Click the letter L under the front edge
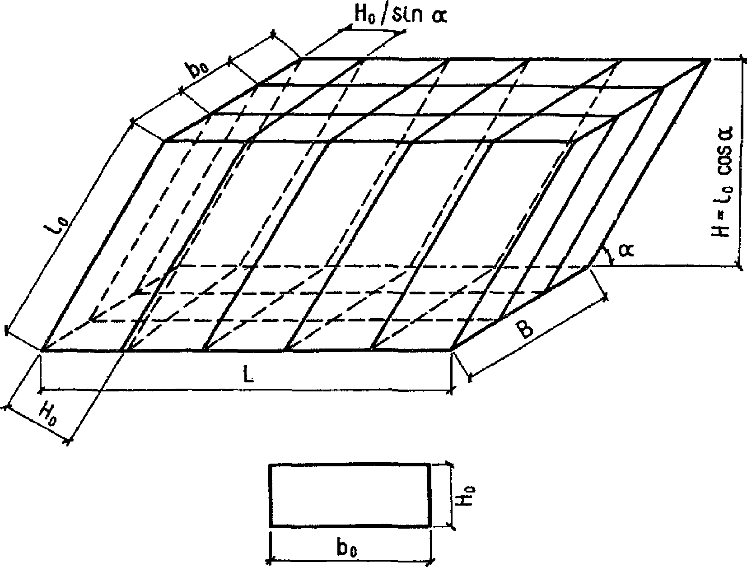coord(248,374)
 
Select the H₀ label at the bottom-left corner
coord(48,412)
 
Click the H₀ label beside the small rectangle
coord(468,495)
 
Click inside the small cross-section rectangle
coord(349,495)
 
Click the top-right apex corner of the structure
coord(708,59)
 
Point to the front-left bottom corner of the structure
coord(42,350)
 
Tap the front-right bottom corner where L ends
coord(451,350)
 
